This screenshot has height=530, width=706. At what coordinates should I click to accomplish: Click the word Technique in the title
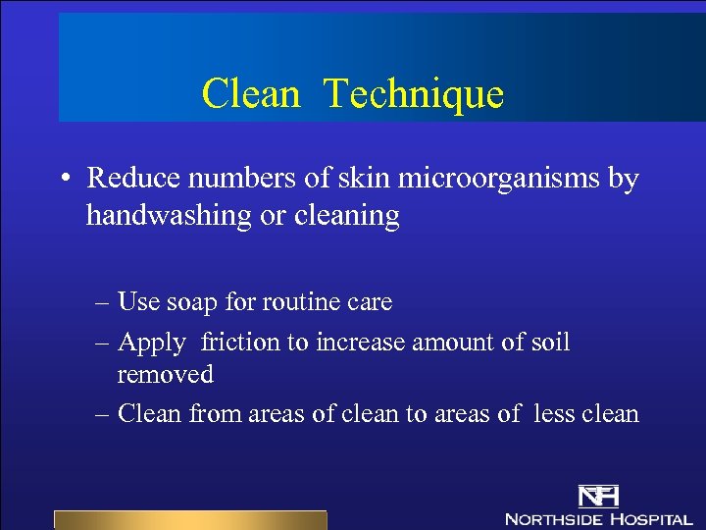click(x=413, y=94)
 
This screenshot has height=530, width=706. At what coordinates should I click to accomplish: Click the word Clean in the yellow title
click(x=250, y=94)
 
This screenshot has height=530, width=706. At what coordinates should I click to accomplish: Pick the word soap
click(x=196, y=302)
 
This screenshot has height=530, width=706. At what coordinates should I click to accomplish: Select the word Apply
click(x=152, y=343)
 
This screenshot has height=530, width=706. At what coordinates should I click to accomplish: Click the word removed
click(x=165, y=374)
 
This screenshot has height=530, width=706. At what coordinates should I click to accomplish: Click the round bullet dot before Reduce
click(x=64, y=180)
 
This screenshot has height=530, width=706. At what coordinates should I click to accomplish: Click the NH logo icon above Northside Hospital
click(x=598, y=495)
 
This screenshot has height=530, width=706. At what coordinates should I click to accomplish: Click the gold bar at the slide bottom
click(x=189, y=520)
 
